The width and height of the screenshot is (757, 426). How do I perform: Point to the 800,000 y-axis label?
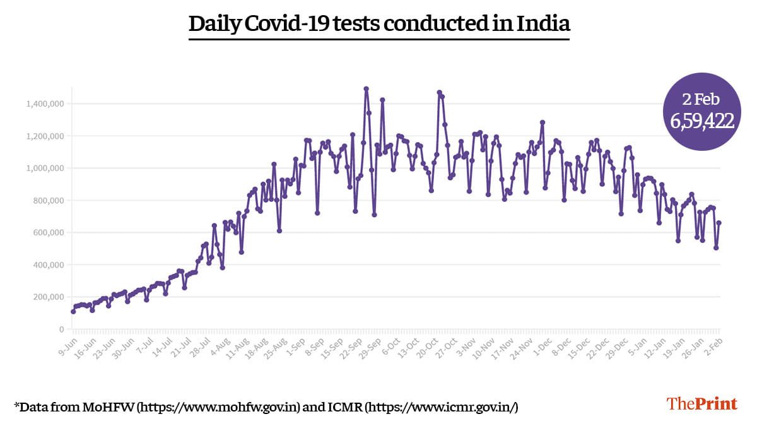49,201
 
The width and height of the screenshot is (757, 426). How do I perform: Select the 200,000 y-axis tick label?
49,297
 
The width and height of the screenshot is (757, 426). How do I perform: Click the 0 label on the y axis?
61,329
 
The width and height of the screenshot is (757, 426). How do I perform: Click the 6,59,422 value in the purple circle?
698,121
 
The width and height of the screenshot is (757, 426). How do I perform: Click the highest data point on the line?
366,89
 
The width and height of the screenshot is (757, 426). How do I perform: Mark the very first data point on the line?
73,311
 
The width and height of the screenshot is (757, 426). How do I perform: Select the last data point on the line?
719,223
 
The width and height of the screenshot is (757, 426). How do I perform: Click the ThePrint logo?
702,404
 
